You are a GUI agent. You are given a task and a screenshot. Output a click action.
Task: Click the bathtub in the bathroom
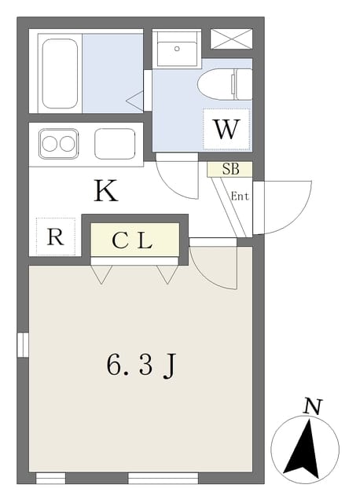[x=60, y=73]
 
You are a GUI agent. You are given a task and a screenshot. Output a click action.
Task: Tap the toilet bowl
[x=224, y=84]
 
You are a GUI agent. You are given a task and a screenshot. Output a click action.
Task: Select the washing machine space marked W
[x=226, y=129]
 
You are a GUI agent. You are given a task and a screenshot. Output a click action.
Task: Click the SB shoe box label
[x=231, y=169]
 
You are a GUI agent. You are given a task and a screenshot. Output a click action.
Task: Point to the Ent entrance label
[x=240, y=196]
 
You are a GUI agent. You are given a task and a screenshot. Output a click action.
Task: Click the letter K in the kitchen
[x=106, y=191]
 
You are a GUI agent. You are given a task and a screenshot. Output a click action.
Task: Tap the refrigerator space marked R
[x=56, y=237]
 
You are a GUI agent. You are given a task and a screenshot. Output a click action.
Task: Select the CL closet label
[x=132, y=241]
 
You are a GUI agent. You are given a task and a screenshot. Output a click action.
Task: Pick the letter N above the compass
[x=313, y=407]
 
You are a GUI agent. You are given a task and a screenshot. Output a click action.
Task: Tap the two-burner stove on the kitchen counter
[x=59, y=143]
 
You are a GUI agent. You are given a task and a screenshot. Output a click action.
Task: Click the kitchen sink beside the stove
[x=115, y=143]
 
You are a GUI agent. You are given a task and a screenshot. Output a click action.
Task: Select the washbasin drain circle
[x=177, y=49]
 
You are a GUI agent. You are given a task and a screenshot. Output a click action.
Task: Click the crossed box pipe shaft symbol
[x=231, y=39]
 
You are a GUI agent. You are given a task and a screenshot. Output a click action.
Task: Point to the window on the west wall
[x=23, y=345]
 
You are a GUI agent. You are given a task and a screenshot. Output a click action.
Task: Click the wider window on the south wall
[x=163, y=478]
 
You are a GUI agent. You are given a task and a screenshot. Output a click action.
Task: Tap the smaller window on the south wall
[x=50, y=478]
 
